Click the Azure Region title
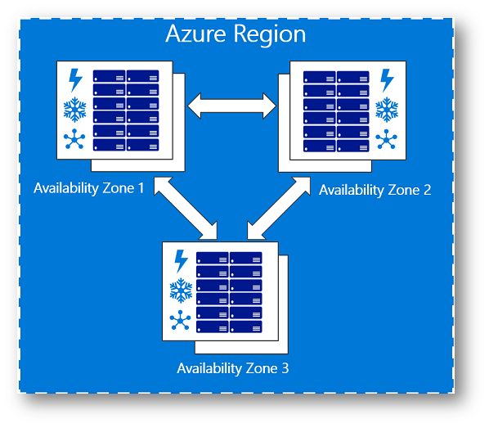pyautogui.click(x=236, y=34)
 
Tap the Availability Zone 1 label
pyautogui.click(x=89, y=188)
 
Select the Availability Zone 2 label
pyautogui.click(x=375, y=190)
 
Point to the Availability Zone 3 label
pyautogui.click(x=233, y=368)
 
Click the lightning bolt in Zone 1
pyautogui.click(x=75, y=80)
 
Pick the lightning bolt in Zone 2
pyautogui.click(x=387, y=80)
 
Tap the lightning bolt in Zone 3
pyautogui.click(x=182, y=261)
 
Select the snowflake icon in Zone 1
pyautogui.click(x=75, y=110)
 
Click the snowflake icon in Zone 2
pyautogui.click(x=387, y=110)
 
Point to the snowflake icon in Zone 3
pyautogui.click(x=181, y=291)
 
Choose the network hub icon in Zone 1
pyautogui.click(x=74, y=139)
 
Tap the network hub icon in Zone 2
pyautogui.click(x=387, y=139)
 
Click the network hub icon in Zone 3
pyautogui.click(x=180, y=320)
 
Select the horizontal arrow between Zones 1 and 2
pyautogui.click(x=231, y=106)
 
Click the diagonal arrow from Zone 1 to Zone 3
pyautogui.click(x=186, y=209)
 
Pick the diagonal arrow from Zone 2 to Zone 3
pyautogui.click(x=279, y=209)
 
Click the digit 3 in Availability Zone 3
pyautogui.click(x=285, y=368)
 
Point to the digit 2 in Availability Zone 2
pyautogui.click(x=427, y=190)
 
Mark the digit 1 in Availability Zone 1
pyautogui.click(x=141, y=188)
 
